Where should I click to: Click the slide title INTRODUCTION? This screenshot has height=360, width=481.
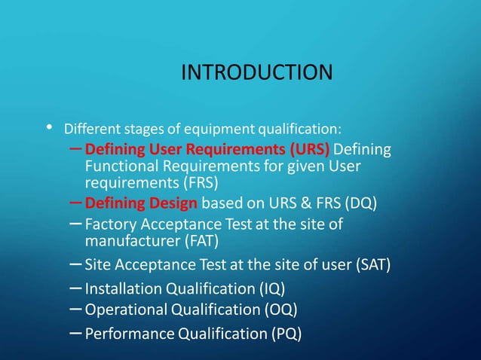click(x=256, y=73)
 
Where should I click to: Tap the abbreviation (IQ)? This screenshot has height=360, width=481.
click(x=271, y=288)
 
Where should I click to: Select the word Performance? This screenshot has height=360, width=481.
click(x=127, y=333)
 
